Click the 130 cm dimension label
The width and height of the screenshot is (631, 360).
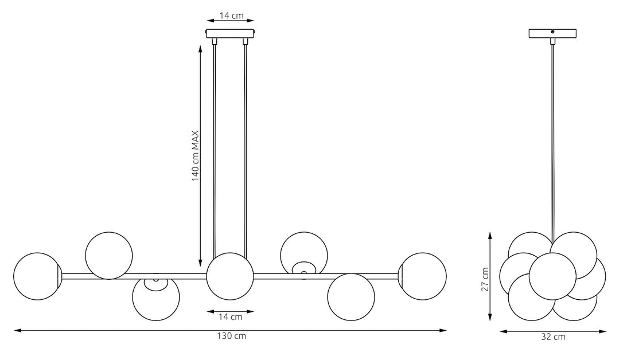[231, 336]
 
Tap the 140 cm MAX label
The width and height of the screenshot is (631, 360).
[195, 156]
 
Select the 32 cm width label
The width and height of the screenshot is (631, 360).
[554, 337]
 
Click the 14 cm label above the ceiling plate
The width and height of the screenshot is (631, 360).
[231, 15]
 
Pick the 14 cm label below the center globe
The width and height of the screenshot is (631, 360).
[231, 317]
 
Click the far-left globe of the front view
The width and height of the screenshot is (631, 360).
[37, 276]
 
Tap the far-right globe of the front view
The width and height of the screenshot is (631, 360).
[423, 276]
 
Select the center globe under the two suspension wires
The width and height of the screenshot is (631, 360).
[230, 276]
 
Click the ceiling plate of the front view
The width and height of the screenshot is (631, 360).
[230, 33]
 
